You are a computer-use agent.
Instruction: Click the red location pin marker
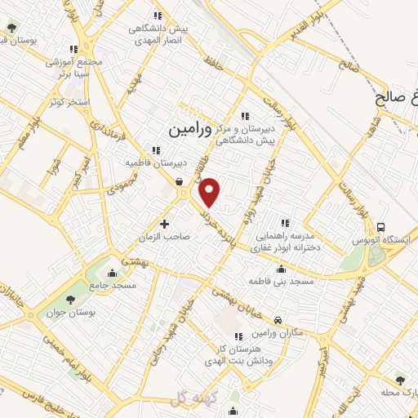pos(211,192)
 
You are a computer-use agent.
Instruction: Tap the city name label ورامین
pos(189,129)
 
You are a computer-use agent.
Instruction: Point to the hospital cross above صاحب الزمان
pos(164,223)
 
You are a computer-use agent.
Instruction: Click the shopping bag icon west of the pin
pos(179,183)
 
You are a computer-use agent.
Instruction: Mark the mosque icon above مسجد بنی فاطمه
pos(282,269)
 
